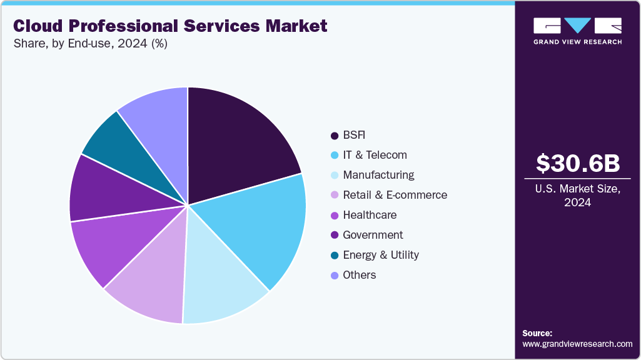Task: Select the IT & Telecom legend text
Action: point(375,155)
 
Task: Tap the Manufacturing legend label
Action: point(378,175)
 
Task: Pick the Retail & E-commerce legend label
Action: point(395,195)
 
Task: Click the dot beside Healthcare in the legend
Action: point(335,215)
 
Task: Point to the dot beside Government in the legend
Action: point(335,235)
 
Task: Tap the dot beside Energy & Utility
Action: point(335,255)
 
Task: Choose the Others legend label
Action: point(360,275)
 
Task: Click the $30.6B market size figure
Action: point(578,163)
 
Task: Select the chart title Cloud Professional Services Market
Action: point(170,26)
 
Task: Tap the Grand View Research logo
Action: point(577,31)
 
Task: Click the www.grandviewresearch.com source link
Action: point(577,344)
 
